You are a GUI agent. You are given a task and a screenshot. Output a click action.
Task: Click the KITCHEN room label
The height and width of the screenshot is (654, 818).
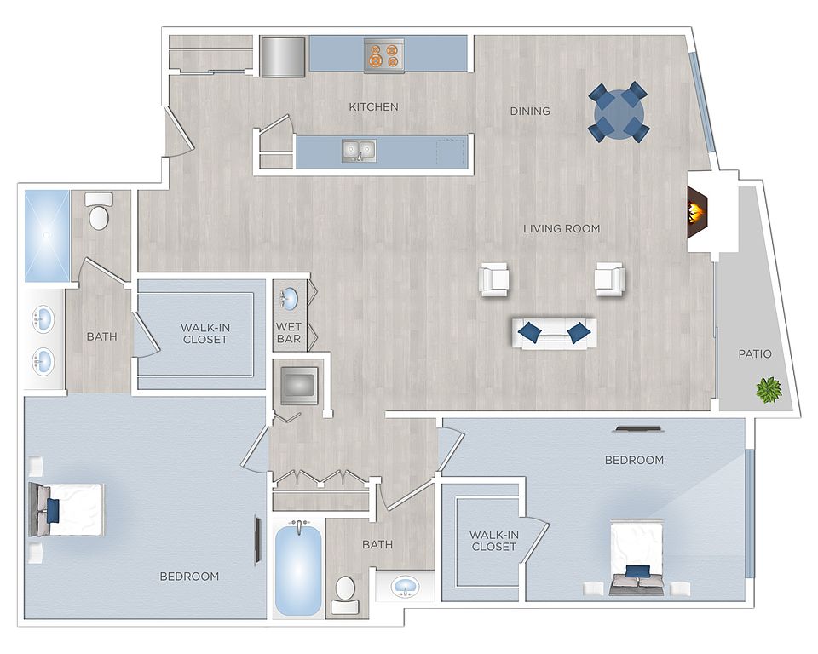click(x=373, y=107)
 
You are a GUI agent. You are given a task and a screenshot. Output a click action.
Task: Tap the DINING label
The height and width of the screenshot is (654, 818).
click(x=529, y=111)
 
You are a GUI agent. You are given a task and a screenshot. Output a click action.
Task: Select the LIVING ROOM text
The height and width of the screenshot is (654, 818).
click(x=562, y=228)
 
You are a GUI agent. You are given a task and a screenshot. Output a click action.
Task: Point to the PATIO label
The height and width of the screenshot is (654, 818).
click(x=754, y=354)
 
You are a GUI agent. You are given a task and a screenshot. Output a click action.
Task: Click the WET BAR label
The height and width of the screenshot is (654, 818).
click(x=289, y=333)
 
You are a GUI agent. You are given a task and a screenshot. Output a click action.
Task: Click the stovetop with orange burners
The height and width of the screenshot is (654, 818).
click(x=384, y=55)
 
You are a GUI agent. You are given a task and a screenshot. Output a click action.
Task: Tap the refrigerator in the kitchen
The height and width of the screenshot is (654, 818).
click(x=283, y=57)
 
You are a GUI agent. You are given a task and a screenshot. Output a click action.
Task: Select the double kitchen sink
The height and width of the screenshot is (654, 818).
click(x=359, y=150)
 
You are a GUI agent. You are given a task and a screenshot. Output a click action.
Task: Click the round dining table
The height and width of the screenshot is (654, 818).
click(x=619, y=112)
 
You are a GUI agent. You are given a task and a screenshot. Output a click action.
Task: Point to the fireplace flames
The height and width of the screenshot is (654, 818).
click(x=696, y=212)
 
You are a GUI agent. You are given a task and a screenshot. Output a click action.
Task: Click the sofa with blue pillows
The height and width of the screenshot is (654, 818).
click(x=554, y=333)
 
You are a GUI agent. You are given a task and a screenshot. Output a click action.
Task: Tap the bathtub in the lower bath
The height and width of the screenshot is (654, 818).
click(x=298, y=570)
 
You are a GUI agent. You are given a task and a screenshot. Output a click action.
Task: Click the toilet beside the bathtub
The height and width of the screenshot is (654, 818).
click(x=345, y=595)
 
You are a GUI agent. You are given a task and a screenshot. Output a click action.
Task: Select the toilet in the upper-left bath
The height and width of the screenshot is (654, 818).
click(x=99, y=211)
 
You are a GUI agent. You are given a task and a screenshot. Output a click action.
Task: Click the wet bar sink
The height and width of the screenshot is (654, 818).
click(x=289, y=300)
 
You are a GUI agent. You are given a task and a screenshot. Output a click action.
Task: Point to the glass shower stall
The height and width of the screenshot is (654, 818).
click(x=47, y=236)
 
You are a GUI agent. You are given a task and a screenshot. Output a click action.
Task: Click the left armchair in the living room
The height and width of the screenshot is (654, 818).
click(x=493, y=279)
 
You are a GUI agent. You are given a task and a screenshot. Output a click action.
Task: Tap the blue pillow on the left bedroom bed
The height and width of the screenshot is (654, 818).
click(x=53, y=511)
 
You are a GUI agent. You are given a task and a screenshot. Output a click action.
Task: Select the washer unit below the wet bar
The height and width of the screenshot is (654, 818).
click(x=299, y=386)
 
